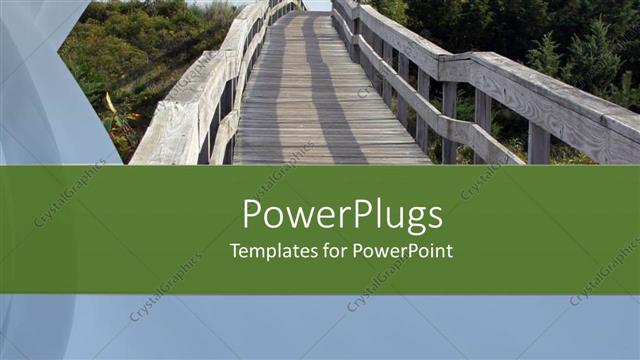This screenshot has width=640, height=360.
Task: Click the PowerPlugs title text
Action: tap(342, 217)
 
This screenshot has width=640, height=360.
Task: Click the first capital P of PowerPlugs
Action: tap(253, 215)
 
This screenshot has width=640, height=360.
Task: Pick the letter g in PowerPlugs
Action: tap(411, 220)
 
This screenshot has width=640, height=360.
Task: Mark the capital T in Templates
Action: tap(235, 251)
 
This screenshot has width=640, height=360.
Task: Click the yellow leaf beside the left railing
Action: tap(109, 103)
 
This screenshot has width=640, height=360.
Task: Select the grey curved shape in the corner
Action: tap(30, 80)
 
